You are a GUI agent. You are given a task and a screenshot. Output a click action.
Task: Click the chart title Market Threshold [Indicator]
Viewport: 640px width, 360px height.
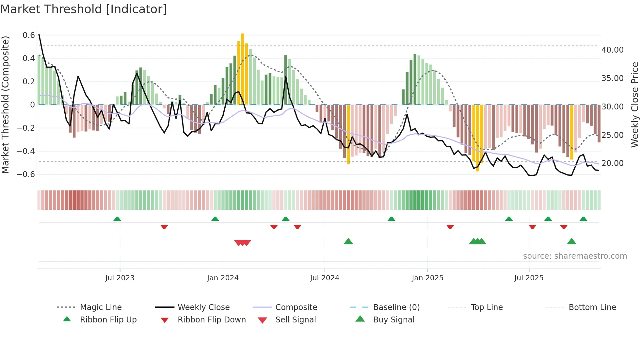84,9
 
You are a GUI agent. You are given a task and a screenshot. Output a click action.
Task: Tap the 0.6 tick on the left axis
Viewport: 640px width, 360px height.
29,35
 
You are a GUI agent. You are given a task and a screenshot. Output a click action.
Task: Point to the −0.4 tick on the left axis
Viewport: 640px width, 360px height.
26,151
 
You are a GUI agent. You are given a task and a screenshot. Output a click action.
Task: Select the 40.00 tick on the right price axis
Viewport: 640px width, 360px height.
612,50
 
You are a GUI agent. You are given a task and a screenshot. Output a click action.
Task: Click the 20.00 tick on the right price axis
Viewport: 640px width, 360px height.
612,163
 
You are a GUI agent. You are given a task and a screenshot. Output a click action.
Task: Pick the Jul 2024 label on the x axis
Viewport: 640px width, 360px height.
325,278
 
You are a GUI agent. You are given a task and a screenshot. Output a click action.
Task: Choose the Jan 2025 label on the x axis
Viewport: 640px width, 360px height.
427,278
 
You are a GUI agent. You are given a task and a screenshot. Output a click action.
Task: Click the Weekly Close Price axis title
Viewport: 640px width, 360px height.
634,105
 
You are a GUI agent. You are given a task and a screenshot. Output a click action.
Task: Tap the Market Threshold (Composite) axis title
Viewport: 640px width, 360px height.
5,105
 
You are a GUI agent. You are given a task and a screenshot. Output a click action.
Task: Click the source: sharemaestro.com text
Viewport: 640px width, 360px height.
575,256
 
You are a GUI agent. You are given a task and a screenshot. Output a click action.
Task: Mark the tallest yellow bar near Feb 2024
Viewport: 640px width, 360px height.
243,69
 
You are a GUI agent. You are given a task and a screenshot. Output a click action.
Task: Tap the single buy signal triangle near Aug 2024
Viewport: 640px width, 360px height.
348,241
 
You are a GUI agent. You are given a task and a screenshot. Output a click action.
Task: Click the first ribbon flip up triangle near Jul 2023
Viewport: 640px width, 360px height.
117,219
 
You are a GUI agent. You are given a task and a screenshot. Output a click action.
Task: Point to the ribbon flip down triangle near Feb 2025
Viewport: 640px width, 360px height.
450,227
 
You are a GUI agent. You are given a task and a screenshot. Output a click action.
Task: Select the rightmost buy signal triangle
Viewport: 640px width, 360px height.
571,241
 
